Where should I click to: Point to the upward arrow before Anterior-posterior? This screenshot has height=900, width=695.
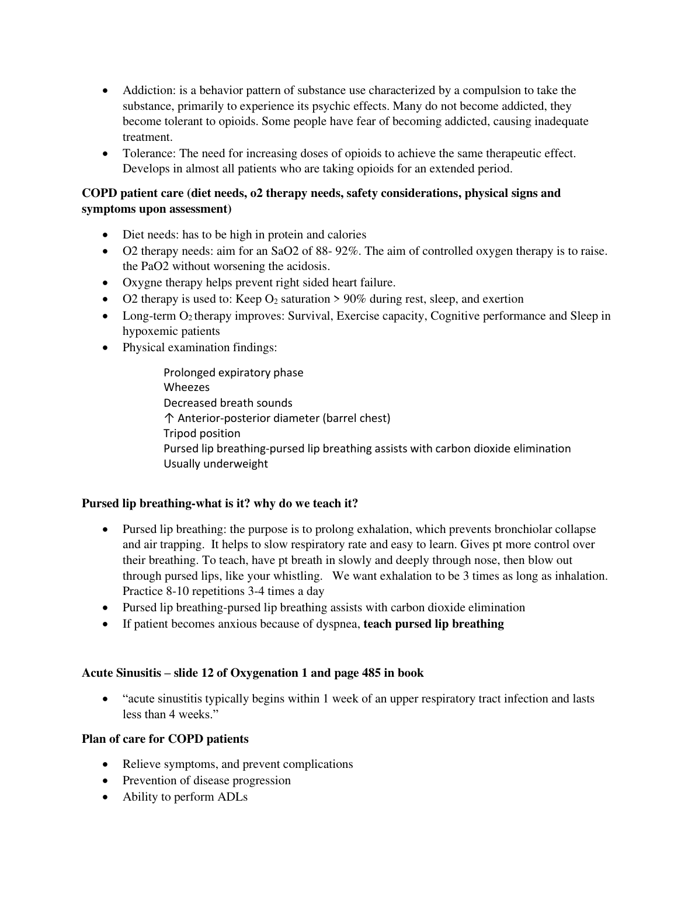[169, 418]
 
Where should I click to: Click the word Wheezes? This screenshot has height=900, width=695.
[186, 387]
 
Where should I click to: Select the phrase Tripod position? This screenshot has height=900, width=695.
[201, 434]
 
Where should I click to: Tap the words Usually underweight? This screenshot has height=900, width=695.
[216, 464]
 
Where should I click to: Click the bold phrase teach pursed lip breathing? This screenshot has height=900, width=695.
[433, 624]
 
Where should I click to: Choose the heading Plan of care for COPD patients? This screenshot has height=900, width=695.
[165, 739]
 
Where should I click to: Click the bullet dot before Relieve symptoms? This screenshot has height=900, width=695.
[105, 765]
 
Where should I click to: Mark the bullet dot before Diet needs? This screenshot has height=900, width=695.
[105, 236]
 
